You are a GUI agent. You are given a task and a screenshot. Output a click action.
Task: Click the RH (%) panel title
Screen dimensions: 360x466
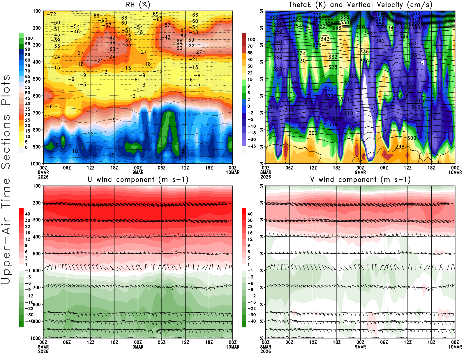coord(138,5)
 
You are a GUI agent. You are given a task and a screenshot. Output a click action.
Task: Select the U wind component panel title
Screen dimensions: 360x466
coord(138,179)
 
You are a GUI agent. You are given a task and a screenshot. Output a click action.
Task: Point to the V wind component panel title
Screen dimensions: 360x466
coord(360,179)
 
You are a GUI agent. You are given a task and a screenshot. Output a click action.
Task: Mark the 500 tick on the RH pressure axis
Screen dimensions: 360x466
coord(37,79)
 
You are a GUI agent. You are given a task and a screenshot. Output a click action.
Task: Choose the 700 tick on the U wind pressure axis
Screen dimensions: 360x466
coord(37,288)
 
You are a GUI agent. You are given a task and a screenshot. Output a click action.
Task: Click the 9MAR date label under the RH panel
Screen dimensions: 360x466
coord(138,172)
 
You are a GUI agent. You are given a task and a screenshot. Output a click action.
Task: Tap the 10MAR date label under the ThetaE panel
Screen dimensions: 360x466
coord(455,172)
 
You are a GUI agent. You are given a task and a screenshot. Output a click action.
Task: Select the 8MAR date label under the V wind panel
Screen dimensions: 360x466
coord(266,347)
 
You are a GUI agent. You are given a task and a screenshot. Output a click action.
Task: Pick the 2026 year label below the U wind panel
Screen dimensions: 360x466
coord(43,351)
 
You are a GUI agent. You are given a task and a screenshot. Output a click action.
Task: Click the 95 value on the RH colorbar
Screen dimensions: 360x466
coord(27,44)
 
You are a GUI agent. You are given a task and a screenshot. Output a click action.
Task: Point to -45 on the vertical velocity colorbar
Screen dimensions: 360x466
coord(251,146)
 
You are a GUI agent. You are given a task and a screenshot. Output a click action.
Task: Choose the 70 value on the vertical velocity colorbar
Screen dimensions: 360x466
coord(250,46)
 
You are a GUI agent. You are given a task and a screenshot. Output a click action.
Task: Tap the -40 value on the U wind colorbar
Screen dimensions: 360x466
coord(29,321)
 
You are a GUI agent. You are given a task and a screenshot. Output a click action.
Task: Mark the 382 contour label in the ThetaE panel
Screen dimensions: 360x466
coord(415,13)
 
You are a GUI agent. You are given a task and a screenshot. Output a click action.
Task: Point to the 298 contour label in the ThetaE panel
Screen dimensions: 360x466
coord(400,147)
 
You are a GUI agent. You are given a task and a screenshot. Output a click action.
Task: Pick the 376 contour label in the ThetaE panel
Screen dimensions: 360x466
coord(376,14)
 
